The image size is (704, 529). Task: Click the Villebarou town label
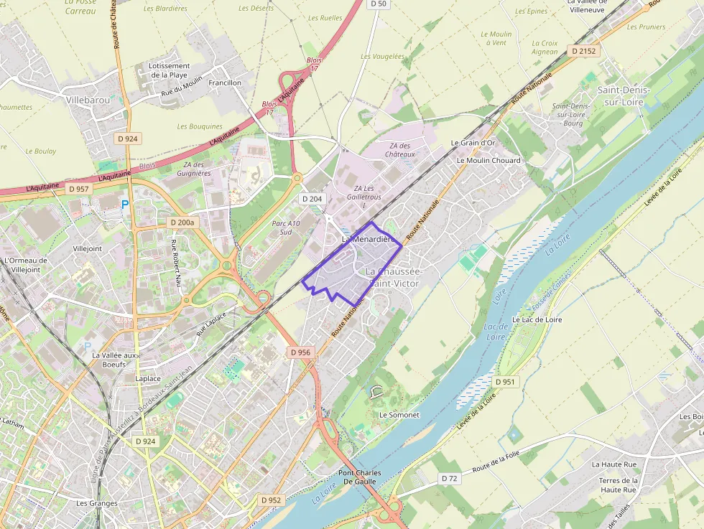tap(88, 100)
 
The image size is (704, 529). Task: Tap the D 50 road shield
tap(379, 4)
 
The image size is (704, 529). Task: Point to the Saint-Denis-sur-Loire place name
tap(623, 95)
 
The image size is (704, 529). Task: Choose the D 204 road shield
tap(312, 198)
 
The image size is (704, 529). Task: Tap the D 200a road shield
tap(182, 223)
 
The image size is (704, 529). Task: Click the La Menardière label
tap(369, 239)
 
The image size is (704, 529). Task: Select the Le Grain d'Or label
tap(473, 143)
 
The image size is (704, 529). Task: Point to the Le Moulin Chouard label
tap(488, 160)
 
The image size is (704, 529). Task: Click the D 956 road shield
tap(301, 352)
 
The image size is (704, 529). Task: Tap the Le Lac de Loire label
tap(537, 319)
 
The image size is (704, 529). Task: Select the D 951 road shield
tap(506, 382)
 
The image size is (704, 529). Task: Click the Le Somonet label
tap(399, 415)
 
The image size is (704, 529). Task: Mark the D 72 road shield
tap(450, 478)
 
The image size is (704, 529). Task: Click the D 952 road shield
tap(271, 500)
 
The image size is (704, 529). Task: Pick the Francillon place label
tap(224, 83)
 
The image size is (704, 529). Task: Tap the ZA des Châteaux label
tap(400, 149)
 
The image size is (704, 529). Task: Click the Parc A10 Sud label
tap(286, 228)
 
